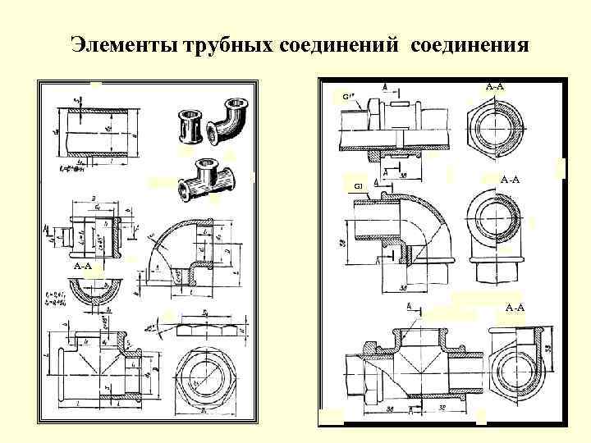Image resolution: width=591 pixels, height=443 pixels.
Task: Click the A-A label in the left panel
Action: pyautogui.click(x=82, y=267)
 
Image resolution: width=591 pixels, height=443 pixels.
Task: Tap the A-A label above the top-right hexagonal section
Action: pyautogui.click(x=494, y=85)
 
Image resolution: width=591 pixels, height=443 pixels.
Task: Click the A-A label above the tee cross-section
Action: pyautogui.click(x=515, y=307)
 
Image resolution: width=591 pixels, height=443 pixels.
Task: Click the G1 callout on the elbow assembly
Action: pyautogui.click(x=358, y=187)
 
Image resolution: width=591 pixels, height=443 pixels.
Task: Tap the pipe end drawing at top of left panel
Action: pyautogui.click(x=93, y=132)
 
